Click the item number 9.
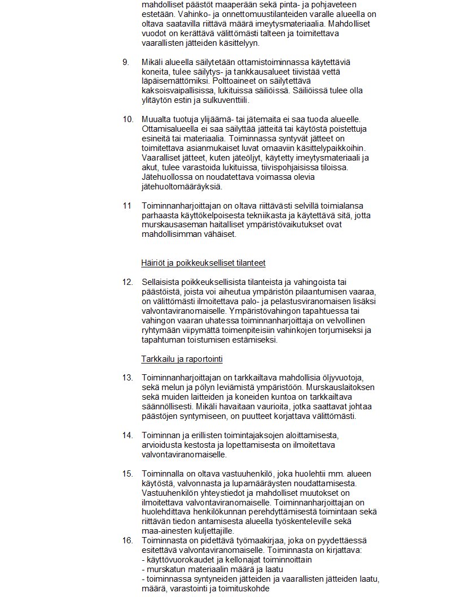pyautogui.click(x=126, y=62)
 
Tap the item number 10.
pyautogui.click(x=128, y=119)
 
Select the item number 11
pyautogui.click(x=127, y=205)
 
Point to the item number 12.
pyautogui.click(x=128, y=282)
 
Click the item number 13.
pyautogui.click(x=128, y=378)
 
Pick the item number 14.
pyautogui.click(x=128, y=435)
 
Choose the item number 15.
pyautogui.click(x=128, y=474)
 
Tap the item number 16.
pyautogui.click(x=128, y=540)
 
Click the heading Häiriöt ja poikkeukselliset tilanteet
pyautogui.click(x=203, y=263)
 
